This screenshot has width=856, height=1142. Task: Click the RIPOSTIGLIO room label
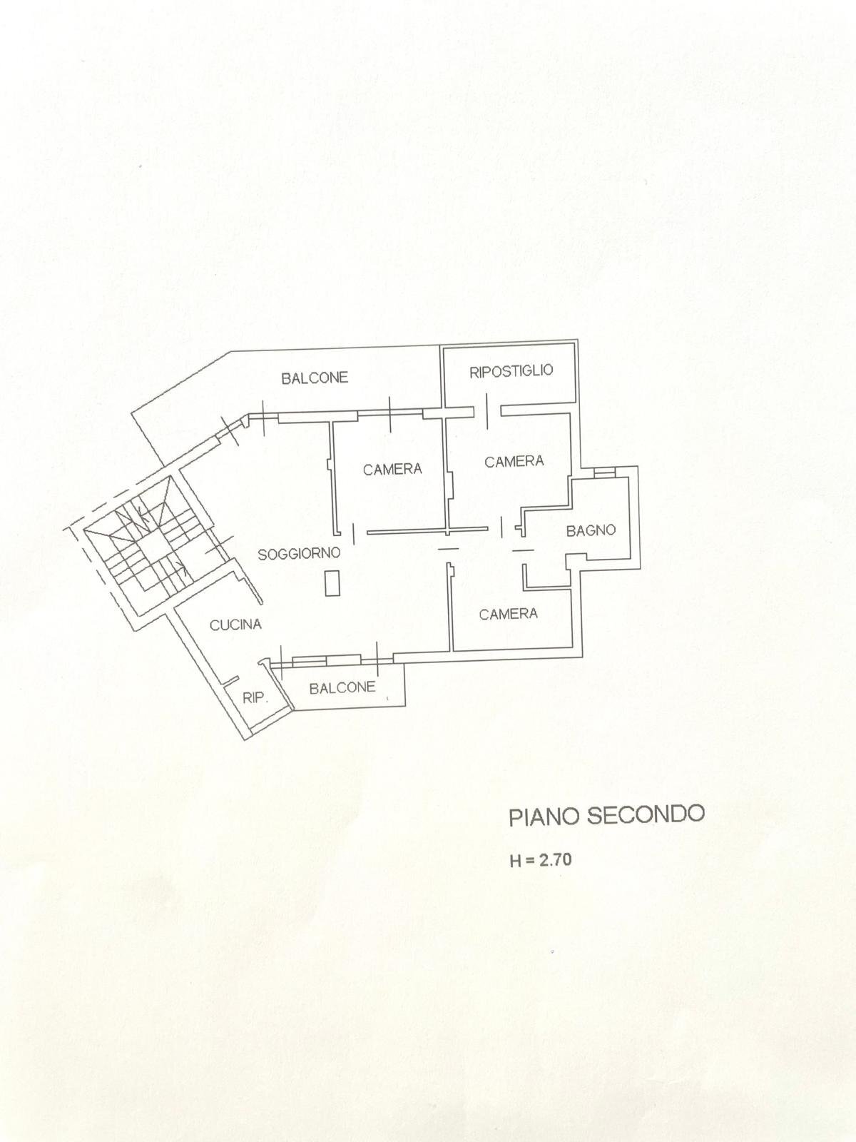pyautogui.click(x=511, y=370)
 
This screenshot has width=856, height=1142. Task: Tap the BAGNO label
pyautogui.click(x=591, y=530)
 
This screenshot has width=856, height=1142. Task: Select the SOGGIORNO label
pyautogui.click(x=299, y=553)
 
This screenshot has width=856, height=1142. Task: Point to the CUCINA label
pyautogui.click(x=235, y=625)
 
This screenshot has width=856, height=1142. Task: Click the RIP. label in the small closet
pyautogui.click(x=255, y=698)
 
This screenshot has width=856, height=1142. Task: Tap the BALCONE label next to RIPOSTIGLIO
pyautogui.click(x=315, y=378)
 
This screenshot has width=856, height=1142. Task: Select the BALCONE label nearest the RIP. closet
pyautogui.click(x=342, y=687)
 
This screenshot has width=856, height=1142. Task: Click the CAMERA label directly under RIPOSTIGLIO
pyautogui.click(x=514, y=461)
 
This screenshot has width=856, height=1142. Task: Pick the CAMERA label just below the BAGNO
pyautogui.click(x=508, y=614)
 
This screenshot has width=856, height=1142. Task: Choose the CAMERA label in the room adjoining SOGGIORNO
pyautogui.click(x=392, y=469)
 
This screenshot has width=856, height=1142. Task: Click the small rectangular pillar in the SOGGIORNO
pyautogui.click(x=332, y=583)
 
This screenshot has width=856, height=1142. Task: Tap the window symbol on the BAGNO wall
pyautogui.click(x=603, y=472)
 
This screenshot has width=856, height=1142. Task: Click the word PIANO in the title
pyautogui.click(x=544, y=817)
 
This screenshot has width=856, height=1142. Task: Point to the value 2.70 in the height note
pyautogui.click(x=555, y=859)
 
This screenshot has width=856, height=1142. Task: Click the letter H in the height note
pyautogui.click(x=516, y=861)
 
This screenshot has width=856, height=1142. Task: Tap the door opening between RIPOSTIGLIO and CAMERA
pyautogui.click(x=487, y=410)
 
